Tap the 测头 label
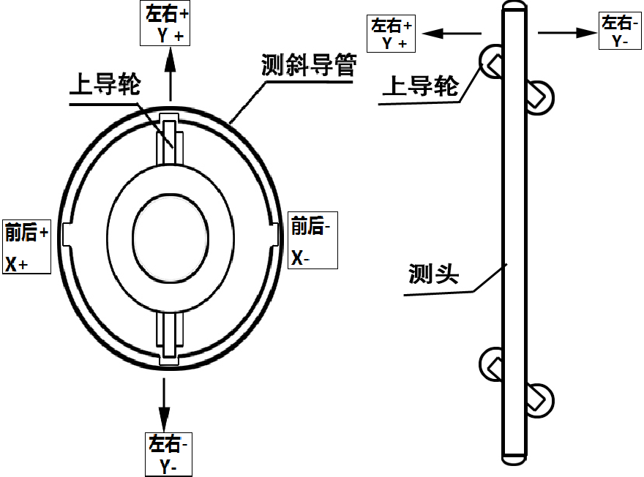point(433,274)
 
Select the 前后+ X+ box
point(26,247)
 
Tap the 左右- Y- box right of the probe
point(620,31)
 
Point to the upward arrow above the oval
point(171,74)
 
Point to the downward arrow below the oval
point(164,405)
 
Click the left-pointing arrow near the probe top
point(452,33)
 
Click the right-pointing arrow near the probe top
point(567,33)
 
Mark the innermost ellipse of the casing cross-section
point(132,238)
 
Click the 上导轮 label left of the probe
point(421,86)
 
